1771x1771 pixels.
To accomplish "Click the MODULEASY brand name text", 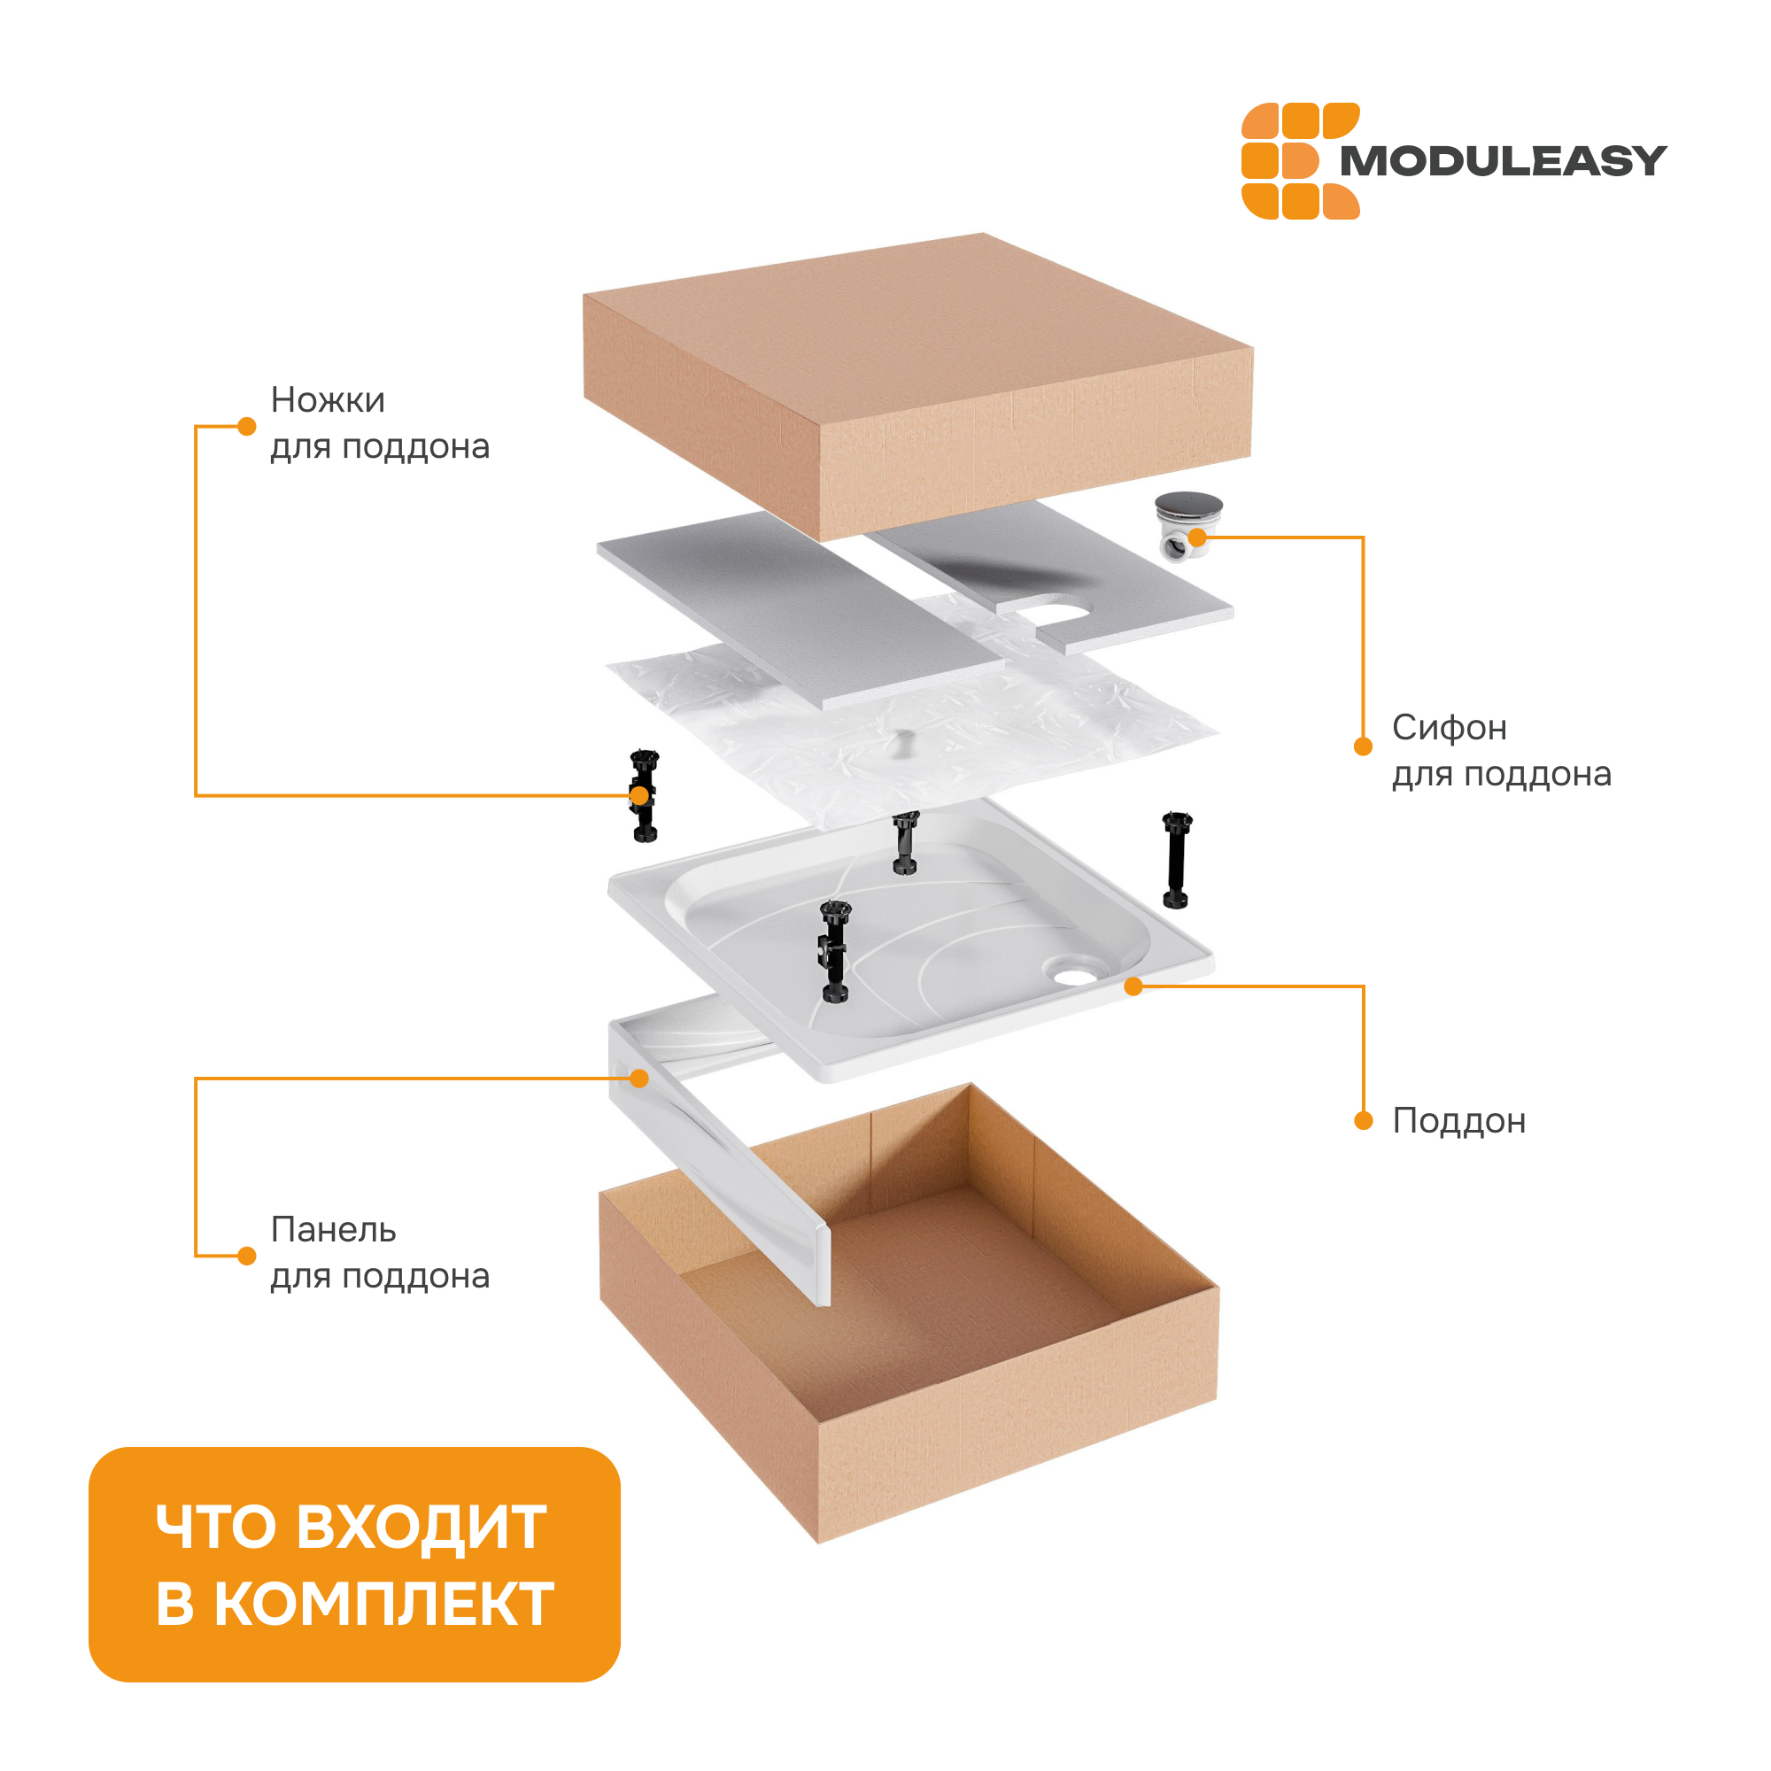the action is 1503,161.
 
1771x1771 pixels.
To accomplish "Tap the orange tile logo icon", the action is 1300,160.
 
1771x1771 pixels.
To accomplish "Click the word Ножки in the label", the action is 328,400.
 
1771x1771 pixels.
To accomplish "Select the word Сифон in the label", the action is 1450,729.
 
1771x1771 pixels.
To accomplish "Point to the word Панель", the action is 333,1230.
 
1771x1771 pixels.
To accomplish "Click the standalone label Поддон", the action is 1458,1122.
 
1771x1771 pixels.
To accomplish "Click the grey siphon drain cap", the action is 1188,505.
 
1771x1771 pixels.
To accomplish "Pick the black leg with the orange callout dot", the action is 645,796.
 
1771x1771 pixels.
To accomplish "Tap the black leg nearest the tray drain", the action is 1177,860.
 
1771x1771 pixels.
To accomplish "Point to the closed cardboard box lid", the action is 917,386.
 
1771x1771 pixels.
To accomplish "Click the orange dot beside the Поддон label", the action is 1364,1121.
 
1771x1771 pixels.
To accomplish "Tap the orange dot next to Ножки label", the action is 246,426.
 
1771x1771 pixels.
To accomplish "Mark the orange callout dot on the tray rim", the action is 1134,986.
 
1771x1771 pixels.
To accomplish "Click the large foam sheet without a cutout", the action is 800,610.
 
